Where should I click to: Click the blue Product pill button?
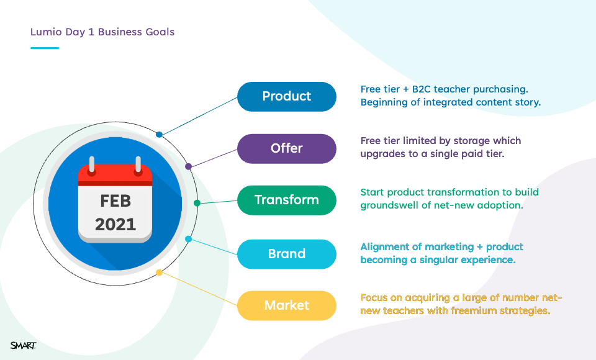(x=287, y=97)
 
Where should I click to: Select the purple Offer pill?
(x=287, y=148)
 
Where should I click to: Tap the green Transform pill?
(x=287, y=200)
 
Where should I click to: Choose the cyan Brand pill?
(x=287, y=254)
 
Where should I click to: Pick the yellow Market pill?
(x=287, y=305)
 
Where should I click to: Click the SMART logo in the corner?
(x=23, y=345)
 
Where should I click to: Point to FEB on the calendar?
(x=115, y=201)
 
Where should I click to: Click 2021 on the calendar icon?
(x=115, y=224)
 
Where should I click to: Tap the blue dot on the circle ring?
(x=160, y=134)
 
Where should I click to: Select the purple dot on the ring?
(x=188, y=166)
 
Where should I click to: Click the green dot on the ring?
(x=197, y=203)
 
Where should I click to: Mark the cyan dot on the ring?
(x=188, y=239)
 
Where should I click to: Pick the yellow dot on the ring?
(x=160, y=272)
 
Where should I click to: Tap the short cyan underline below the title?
(x=45, y=48)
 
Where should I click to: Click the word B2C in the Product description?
(x=421, y=89)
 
